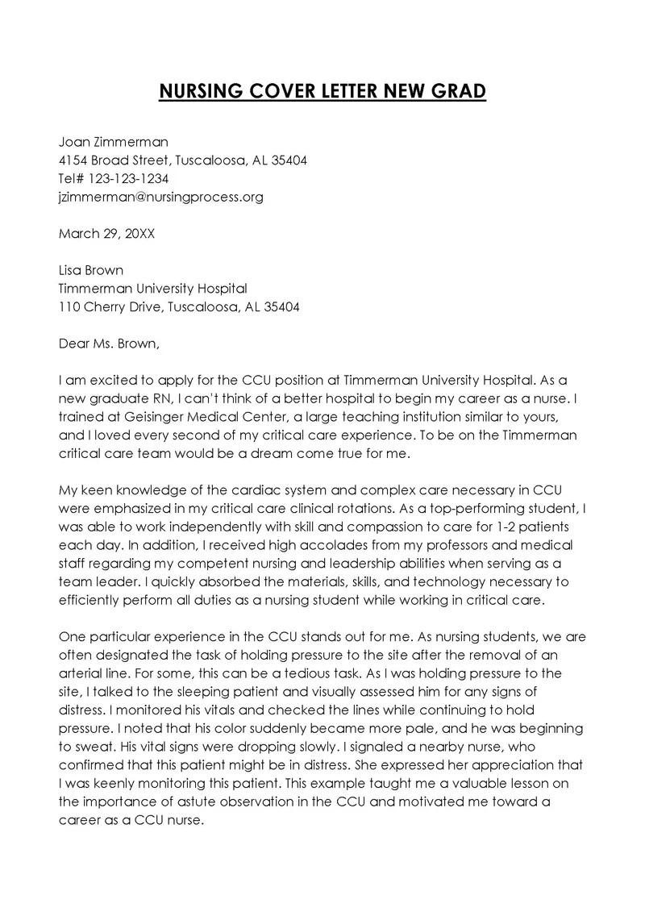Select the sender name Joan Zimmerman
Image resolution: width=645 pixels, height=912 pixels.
point(114,141)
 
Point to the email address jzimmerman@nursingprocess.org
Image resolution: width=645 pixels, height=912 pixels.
point(161,197)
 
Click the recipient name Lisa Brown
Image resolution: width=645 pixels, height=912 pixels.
point(91,270)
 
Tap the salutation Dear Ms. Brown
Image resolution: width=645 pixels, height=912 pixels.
point(110,344)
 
